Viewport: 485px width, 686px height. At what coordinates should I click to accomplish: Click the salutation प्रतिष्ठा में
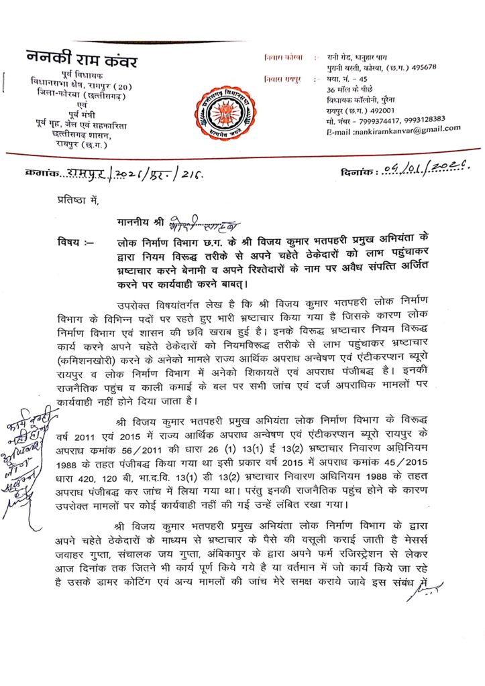[x=75, y=199]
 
